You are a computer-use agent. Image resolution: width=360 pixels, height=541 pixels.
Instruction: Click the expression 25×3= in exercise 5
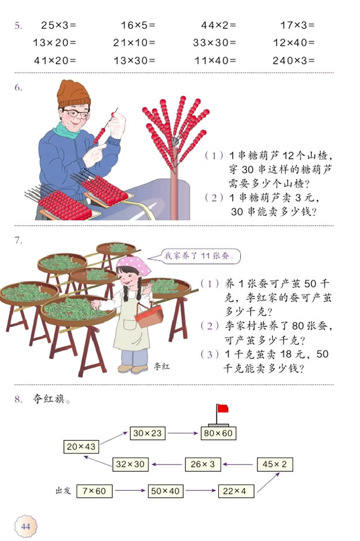click(59, 25)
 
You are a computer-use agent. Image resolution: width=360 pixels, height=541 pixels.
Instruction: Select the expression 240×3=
click(294, 59)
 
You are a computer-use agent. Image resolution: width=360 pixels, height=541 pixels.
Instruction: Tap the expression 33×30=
click(214, 42)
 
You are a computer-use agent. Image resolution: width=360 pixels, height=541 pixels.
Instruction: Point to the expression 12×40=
click(294, 42)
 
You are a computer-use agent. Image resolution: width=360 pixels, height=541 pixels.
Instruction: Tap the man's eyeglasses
click(76, 114)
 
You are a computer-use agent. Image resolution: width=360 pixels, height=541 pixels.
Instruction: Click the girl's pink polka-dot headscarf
click(133, 265)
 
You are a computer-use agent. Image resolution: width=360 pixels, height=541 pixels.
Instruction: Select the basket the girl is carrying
click(149, 314)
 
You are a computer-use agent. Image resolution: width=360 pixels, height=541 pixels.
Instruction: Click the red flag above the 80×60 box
click(222, 409)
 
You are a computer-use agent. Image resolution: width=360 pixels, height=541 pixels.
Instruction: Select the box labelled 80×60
click(218, 433)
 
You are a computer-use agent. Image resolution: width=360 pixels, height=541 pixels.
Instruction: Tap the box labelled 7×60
click(94, 491)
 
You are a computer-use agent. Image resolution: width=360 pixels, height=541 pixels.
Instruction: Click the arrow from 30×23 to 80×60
click(181, 433)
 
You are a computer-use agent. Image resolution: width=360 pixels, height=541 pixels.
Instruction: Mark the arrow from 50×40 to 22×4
click(201, 491)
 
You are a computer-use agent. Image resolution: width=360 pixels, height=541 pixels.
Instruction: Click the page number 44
click(26, 526)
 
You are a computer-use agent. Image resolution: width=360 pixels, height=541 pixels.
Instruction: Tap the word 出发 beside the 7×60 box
click(63, 491)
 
